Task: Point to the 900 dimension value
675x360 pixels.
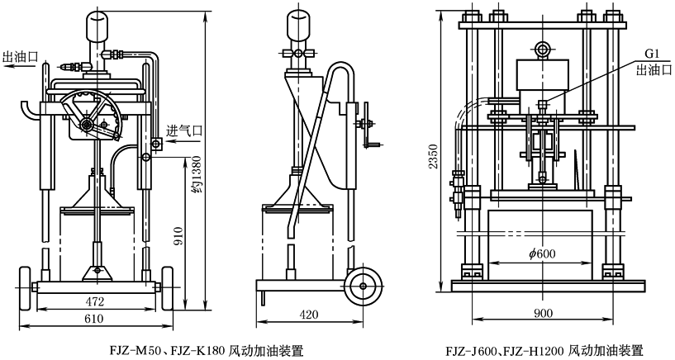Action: pos(542,314)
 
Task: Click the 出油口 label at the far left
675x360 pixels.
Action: pos(21,57)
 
